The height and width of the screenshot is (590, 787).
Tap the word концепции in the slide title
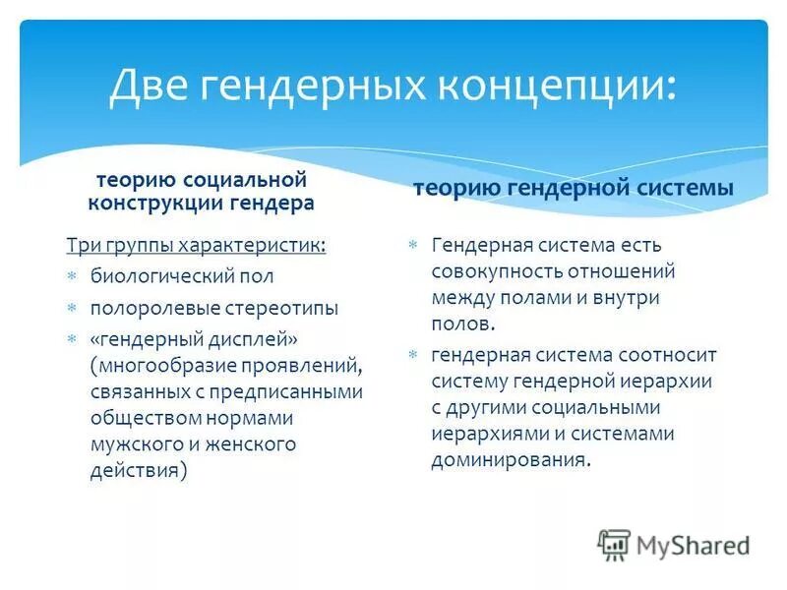(x=552, y=85)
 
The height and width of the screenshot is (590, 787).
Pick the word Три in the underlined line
(x=82, y=245)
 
